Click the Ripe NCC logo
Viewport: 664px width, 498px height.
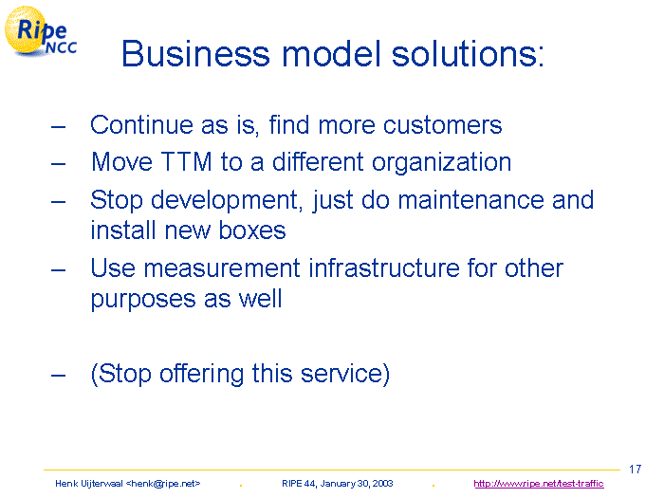pyautogui.click(x=41, y=31)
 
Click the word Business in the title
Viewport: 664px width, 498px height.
pyautogui.click(x=195, y=54)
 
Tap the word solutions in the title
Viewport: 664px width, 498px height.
pyautogui.click(x=468, y=54)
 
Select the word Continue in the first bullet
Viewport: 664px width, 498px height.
pyautogui.click(x=142, y=125)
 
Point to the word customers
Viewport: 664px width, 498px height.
pyautogui.click(x=443, y=125)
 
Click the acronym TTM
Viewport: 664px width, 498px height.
pyautogui.click(x=186, y=162)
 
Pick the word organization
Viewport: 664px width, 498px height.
pyautogui.click(x=442, y=163)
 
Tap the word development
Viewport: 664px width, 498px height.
pyautogui.click(x=227, y=200)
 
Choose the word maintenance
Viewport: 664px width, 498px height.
pyautogui.click(x=470, y=200)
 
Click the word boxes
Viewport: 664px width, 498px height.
pyautogui.click(x=252, y=231)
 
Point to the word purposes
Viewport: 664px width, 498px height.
pyautogui.click(x=143, y=300)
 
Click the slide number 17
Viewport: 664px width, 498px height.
pyautogui.click(x=636, y=470)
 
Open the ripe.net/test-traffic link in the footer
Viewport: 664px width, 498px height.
pyautogui.click(x=539, y=483)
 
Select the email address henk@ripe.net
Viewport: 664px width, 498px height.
pyautogui.click(x=163, y=483)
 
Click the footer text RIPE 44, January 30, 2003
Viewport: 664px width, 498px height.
pyautogui.click(x=338, y=483)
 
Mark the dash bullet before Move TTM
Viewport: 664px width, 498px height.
pyautogui.click(x=59, y=163)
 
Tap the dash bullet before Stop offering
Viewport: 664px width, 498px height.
pyautogui.click(x=59, y=376)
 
